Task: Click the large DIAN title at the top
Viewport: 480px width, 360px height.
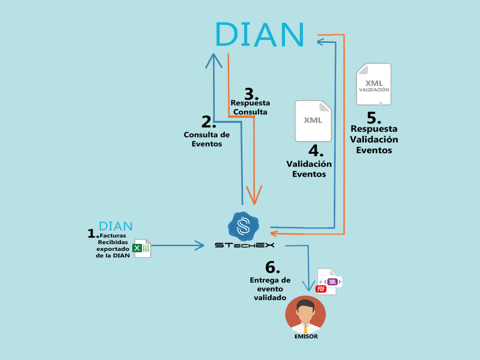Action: [x=260, y=34]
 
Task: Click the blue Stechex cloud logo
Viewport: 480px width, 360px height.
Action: [x=243, y=226]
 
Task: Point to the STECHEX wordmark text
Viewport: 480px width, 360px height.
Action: [x=244, y=245]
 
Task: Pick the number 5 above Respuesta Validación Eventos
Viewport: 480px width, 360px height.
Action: [x=375, y=118]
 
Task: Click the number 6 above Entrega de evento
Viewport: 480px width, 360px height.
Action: [x=272, y=267]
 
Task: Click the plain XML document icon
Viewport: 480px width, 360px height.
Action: [x=313, y=121]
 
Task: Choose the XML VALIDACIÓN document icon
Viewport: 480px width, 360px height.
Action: [x=374, y=84]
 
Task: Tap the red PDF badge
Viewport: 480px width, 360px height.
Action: [x=321, y=289]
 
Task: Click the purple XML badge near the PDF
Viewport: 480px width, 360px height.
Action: [x=333, y=282]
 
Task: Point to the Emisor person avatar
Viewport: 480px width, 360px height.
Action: [x=305, y=314]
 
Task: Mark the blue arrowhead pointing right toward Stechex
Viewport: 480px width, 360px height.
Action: [x=200, y=245]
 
